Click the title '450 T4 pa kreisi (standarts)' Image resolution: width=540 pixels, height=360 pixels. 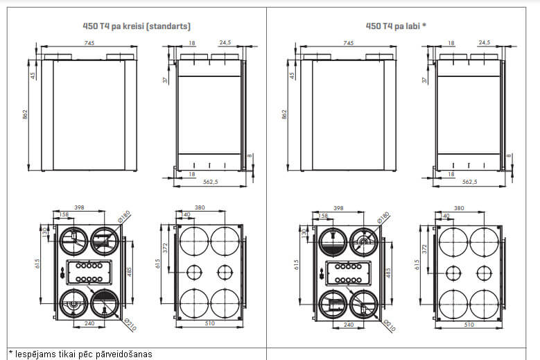[x=136, y=26]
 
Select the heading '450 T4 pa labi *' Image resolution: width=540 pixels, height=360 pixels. [x=396, y=26]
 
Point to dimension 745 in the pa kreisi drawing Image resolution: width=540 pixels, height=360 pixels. [x=89, y=43]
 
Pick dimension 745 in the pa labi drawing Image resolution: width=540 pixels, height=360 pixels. [x=347, y=43]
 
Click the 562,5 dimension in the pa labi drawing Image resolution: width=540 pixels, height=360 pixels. [x=469, y=182]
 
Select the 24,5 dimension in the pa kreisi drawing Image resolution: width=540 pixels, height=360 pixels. [x=225, y=43]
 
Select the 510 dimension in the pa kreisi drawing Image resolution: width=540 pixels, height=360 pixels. [x=209, y=324]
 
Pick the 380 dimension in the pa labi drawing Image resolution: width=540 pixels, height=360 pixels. [x=458, y=207]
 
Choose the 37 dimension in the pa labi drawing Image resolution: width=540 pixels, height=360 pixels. [x=424, y=80]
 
